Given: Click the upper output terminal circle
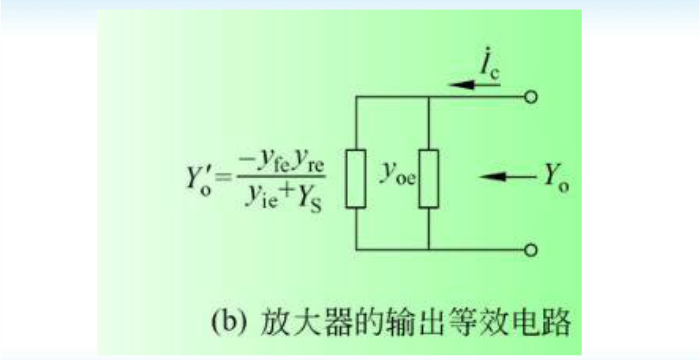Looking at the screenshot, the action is [x=530, y=97].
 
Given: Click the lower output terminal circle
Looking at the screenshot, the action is [x=530, y=251].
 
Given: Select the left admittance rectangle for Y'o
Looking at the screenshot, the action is [x=356, y=179].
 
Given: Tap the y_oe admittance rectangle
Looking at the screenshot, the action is [x=429, y=179].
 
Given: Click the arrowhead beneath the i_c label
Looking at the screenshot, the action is [x=462, y=84].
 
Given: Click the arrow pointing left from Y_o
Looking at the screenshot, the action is [x=508, y=177].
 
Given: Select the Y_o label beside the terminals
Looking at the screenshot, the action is [x=556, y=177].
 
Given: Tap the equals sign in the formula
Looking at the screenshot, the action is [x=225, y=177].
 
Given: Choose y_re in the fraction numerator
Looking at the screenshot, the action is [x=308, y=164].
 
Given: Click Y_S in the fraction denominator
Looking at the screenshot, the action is [x=309, y=198].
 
